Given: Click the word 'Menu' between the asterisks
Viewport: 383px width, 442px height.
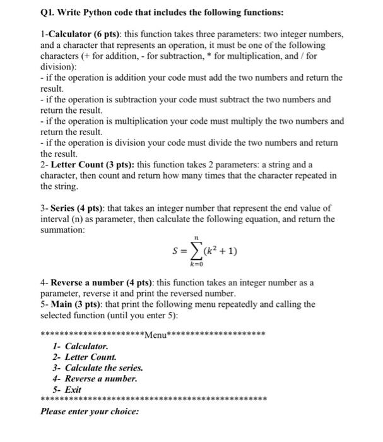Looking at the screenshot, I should [x=154, y=335].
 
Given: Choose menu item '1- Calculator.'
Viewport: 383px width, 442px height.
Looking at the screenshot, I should [x=81, y=347].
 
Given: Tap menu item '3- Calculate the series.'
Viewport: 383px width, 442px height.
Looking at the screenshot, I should [x=98, y=368].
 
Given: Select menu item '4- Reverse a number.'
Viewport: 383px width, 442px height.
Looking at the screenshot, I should [x=95, y=379].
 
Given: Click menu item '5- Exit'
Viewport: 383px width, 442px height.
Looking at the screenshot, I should [x=68, y=390].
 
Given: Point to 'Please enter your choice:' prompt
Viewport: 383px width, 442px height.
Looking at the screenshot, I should [x=90, y=412].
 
